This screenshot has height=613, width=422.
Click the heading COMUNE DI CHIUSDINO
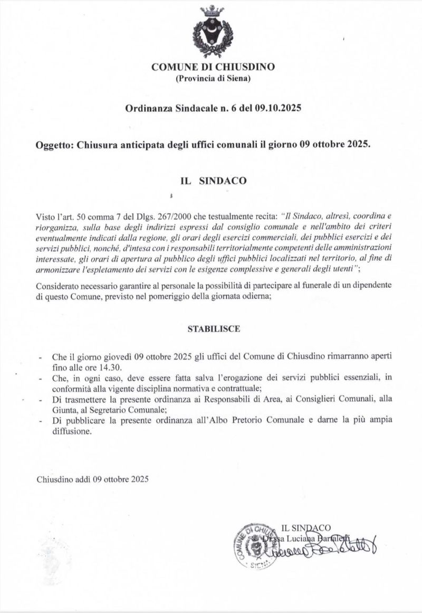point(213,67)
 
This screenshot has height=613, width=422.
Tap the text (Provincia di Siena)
point(213,79)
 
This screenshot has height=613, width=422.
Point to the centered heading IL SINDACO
point(213,180)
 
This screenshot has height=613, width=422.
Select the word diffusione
point(72,431)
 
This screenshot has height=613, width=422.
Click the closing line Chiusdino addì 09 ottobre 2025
point(93,479)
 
